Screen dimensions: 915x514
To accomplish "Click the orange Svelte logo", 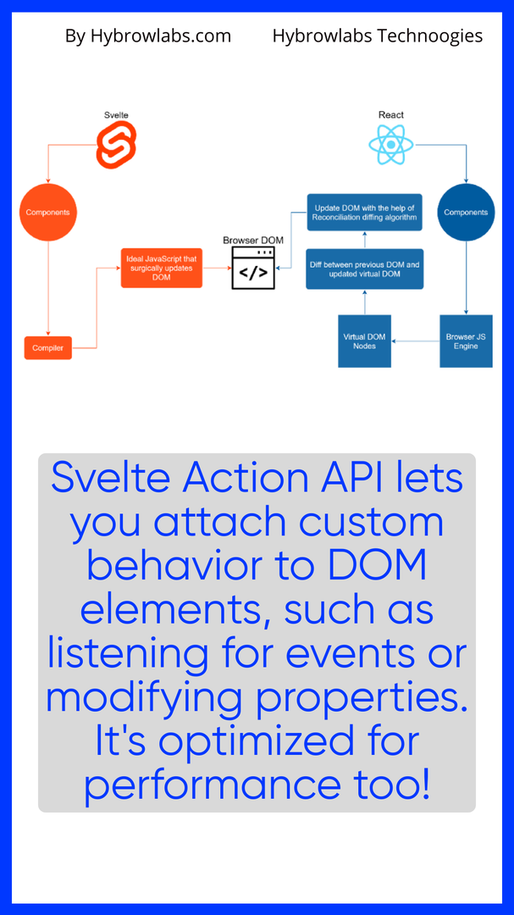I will [x=116, y=145].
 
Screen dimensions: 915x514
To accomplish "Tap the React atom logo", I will [x=391, y=145].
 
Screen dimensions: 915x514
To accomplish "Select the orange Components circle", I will [x=47, y=212].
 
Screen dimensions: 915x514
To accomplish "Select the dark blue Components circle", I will [x=466, y=212].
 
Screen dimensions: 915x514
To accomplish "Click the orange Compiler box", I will [x=47, y=347].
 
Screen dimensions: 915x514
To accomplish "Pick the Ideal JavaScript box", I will [x=162, y=268].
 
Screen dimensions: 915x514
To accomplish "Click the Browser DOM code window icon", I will [x=254, y=269].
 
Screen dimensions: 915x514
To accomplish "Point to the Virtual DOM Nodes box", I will [x=364, y=341].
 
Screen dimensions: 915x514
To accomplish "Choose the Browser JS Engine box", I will [x=466, y=341].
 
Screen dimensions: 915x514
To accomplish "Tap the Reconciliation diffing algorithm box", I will [x=364, y=212].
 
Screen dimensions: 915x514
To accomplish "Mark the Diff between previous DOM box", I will [x=364, y=269].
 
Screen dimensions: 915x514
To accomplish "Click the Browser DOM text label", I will [x=253, y=241].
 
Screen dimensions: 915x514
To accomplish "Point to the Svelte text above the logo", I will [x=116, y=114].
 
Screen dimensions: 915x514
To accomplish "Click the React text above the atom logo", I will [x=391, y=114].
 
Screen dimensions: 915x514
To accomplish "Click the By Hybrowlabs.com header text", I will [x=148, y=36].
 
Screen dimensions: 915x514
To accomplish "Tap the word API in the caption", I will [x=363, y=477].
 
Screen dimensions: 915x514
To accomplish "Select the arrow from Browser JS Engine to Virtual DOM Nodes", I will [x=415, y=341].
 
